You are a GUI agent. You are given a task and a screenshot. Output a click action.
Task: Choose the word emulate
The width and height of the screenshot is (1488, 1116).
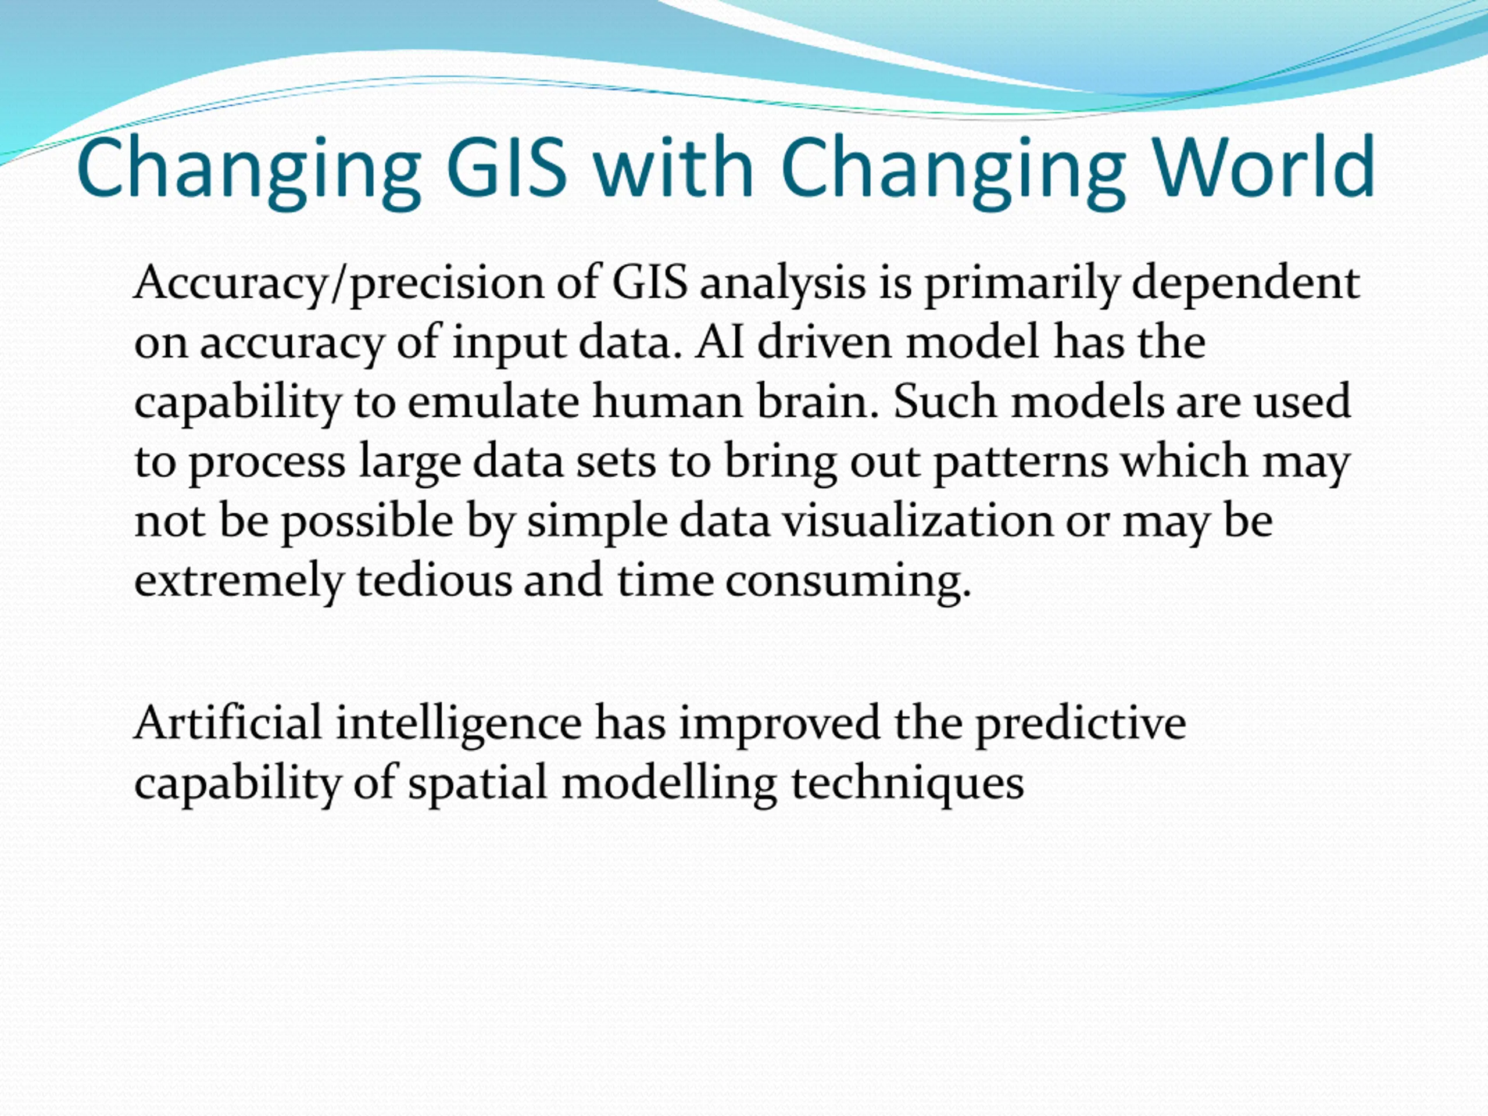click(x=493, y=402)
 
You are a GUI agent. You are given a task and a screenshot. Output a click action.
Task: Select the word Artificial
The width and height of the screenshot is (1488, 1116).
click(x=228, y=723)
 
